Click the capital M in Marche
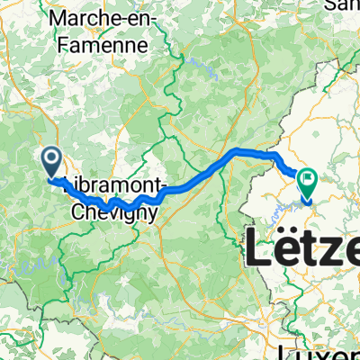click(x=62, y=18)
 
